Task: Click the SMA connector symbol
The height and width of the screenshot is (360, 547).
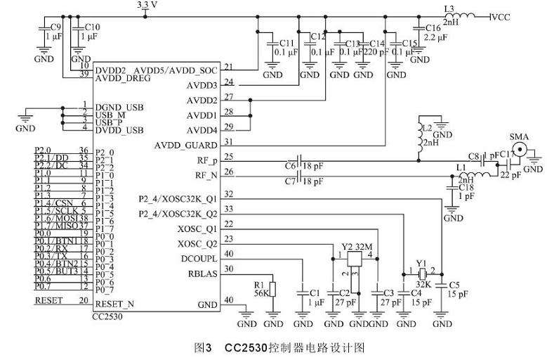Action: point(520,149)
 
